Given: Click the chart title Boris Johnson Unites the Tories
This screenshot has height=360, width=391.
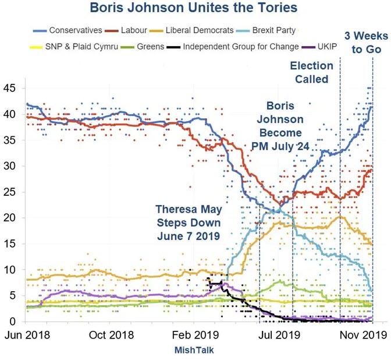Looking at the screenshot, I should pos(195,9).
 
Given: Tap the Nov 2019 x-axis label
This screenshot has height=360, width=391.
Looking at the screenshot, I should pos(363,336).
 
